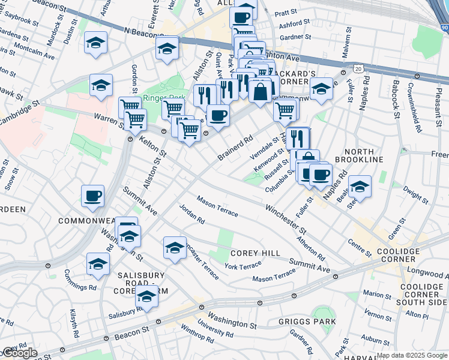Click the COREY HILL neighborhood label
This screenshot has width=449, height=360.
click(255, 253)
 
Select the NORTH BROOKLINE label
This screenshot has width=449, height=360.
click(360, 155)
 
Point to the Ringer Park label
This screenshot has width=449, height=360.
click(155, 98)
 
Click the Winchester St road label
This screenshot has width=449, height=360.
click(286, 219)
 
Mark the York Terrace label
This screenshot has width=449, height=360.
click(243, 265)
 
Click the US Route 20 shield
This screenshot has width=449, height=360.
click(358, 70)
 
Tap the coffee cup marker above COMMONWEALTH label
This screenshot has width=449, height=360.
click(93, 196)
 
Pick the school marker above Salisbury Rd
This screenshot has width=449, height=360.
click(146, 296)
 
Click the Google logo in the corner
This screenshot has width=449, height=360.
click(20, 353)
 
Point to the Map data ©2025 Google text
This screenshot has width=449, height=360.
click(412, 355)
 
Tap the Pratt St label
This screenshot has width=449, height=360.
click(286, 12)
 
